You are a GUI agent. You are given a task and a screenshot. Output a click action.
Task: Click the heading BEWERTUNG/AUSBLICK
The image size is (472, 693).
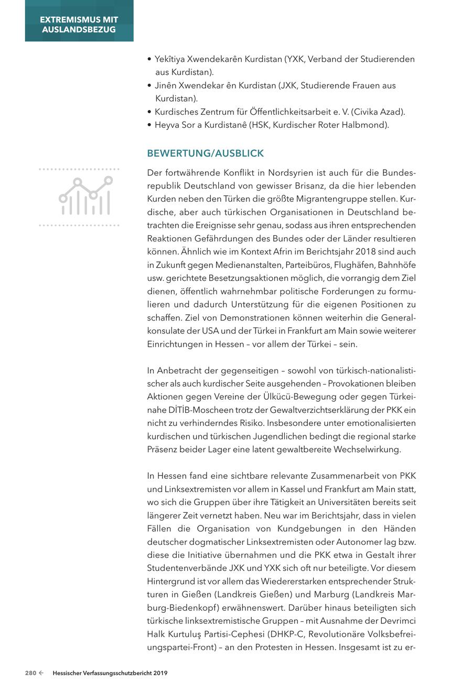pyautogui.click(x=205, y=153)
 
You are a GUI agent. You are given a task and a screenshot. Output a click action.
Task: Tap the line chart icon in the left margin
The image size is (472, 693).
pyautogui.click(x=85, y=196)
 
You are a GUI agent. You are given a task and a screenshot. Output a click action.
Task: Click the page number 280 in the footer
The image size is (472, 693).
pyautogui.click(x=30, y=673)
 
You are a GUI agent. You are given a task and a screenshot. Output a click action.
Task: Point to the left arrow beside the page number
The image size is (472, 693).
pyautogui.click(x=41, y=673)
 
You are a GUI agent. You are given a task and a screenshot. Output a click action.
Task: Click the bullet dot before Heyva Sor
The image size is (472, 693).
pyautogui.click(x=150, y=125)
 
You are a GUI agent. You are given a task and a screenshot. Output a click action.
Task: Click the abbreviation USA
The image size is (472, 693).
pyautogui.click(x=211, y=331)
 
